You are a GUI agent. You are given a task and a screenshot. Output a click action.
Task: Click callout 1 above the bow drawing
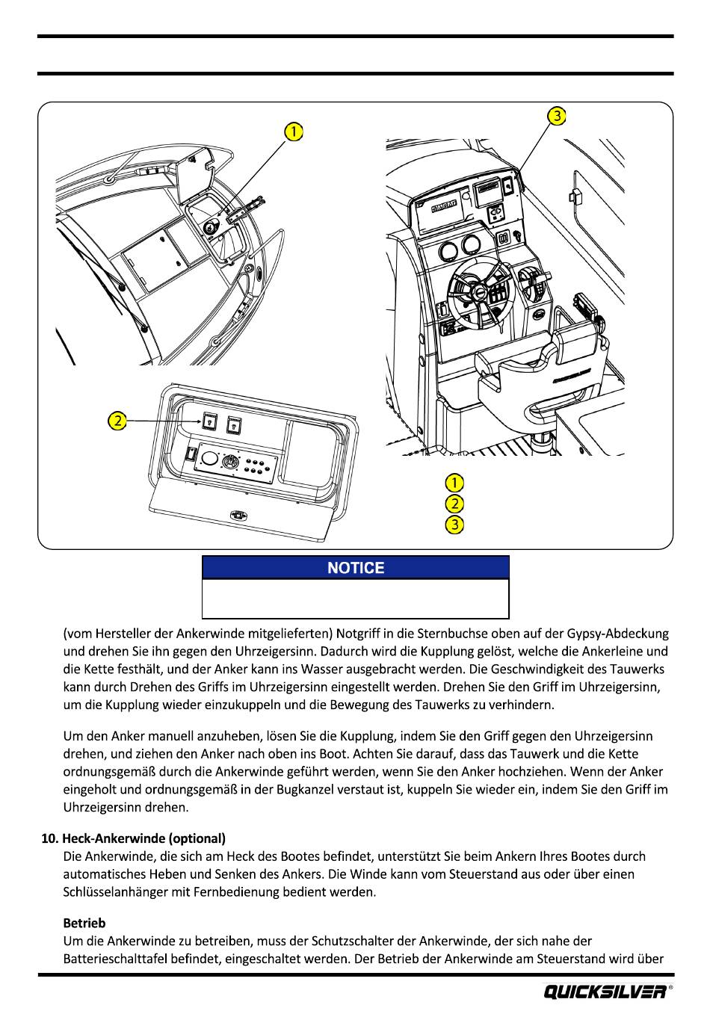point(294,132)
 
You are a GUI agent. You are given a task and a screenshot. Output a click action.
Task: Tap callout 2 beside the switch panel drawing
point(117,421)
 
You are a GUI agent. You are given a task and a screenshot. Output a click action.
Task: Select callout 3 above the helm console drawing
point(556,116)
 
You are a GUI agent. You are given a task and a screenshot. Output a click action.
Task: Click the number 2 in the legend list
point(454,504)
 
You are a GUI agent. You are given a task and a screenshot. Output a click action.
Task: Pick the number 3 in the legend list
point(454,525)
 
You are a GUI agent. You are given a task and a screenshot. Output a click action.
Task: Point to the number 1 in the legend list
point(454,483)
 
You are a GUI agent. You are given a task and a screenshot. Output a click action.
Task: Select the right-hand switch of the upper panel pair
point(235,425)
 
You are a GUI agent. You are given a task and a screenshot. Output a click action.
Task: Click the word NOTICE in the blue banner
point(356,568)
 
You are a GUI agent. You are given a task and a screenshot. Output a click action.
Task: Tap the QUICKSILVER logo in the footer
point(606,992)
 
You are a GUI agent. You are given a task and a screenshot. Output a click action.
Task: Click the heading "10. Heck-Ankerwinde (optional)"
point(133,838)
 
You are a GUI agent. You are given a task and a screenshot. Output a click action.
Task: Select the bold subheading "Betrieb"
point(84,923)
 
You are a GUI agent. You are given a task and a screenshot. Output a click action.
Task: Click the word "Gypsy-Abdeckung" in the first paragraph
point(623,634)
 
